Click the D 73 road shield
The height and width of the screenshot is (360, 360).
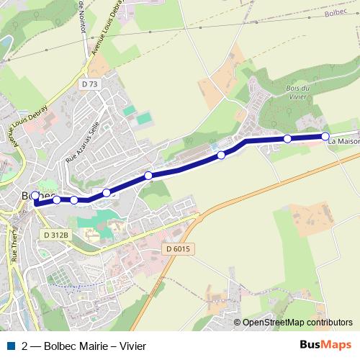pos(89,84)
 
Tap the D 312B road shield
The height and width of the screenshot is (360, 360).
pos(55,235)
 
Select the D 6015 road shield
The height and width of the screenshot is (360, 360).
pos(176,248)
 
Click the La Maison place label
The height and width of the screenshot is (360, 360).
pos(343,141)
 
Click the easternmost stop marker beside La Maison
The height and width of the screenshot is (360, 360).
pos(325,136)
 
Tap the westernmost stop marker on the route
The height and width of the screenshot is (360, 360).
pos(35,195)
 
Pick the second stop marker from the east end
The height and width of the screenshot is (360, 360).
pos(287,138)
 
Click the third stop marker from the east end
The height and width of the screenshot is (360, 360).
pos(221,155)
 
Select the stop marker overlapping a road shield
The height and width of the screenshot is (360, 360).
pos(107,192)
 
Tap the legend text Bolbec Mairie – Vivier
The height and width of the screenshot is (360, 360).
pos(94,346)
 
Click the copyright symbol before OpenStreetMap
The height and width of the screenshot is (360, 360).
pos(237,323)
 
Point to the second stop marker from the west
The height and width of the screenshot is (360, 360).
pos(57,199)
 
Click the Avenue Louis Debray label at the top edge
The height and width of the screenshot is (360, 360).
pos(107,29)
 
